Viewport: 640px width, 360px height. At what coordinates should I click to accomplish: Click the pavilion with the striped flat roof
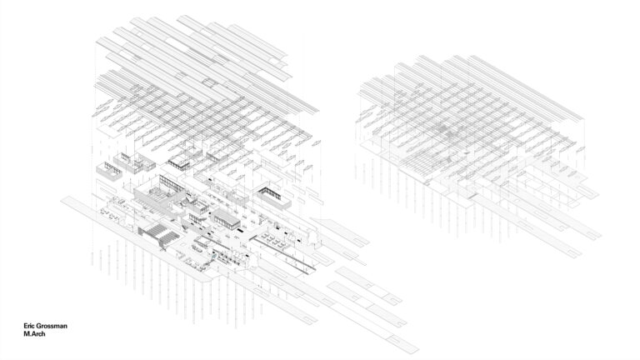pos(222,218)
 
